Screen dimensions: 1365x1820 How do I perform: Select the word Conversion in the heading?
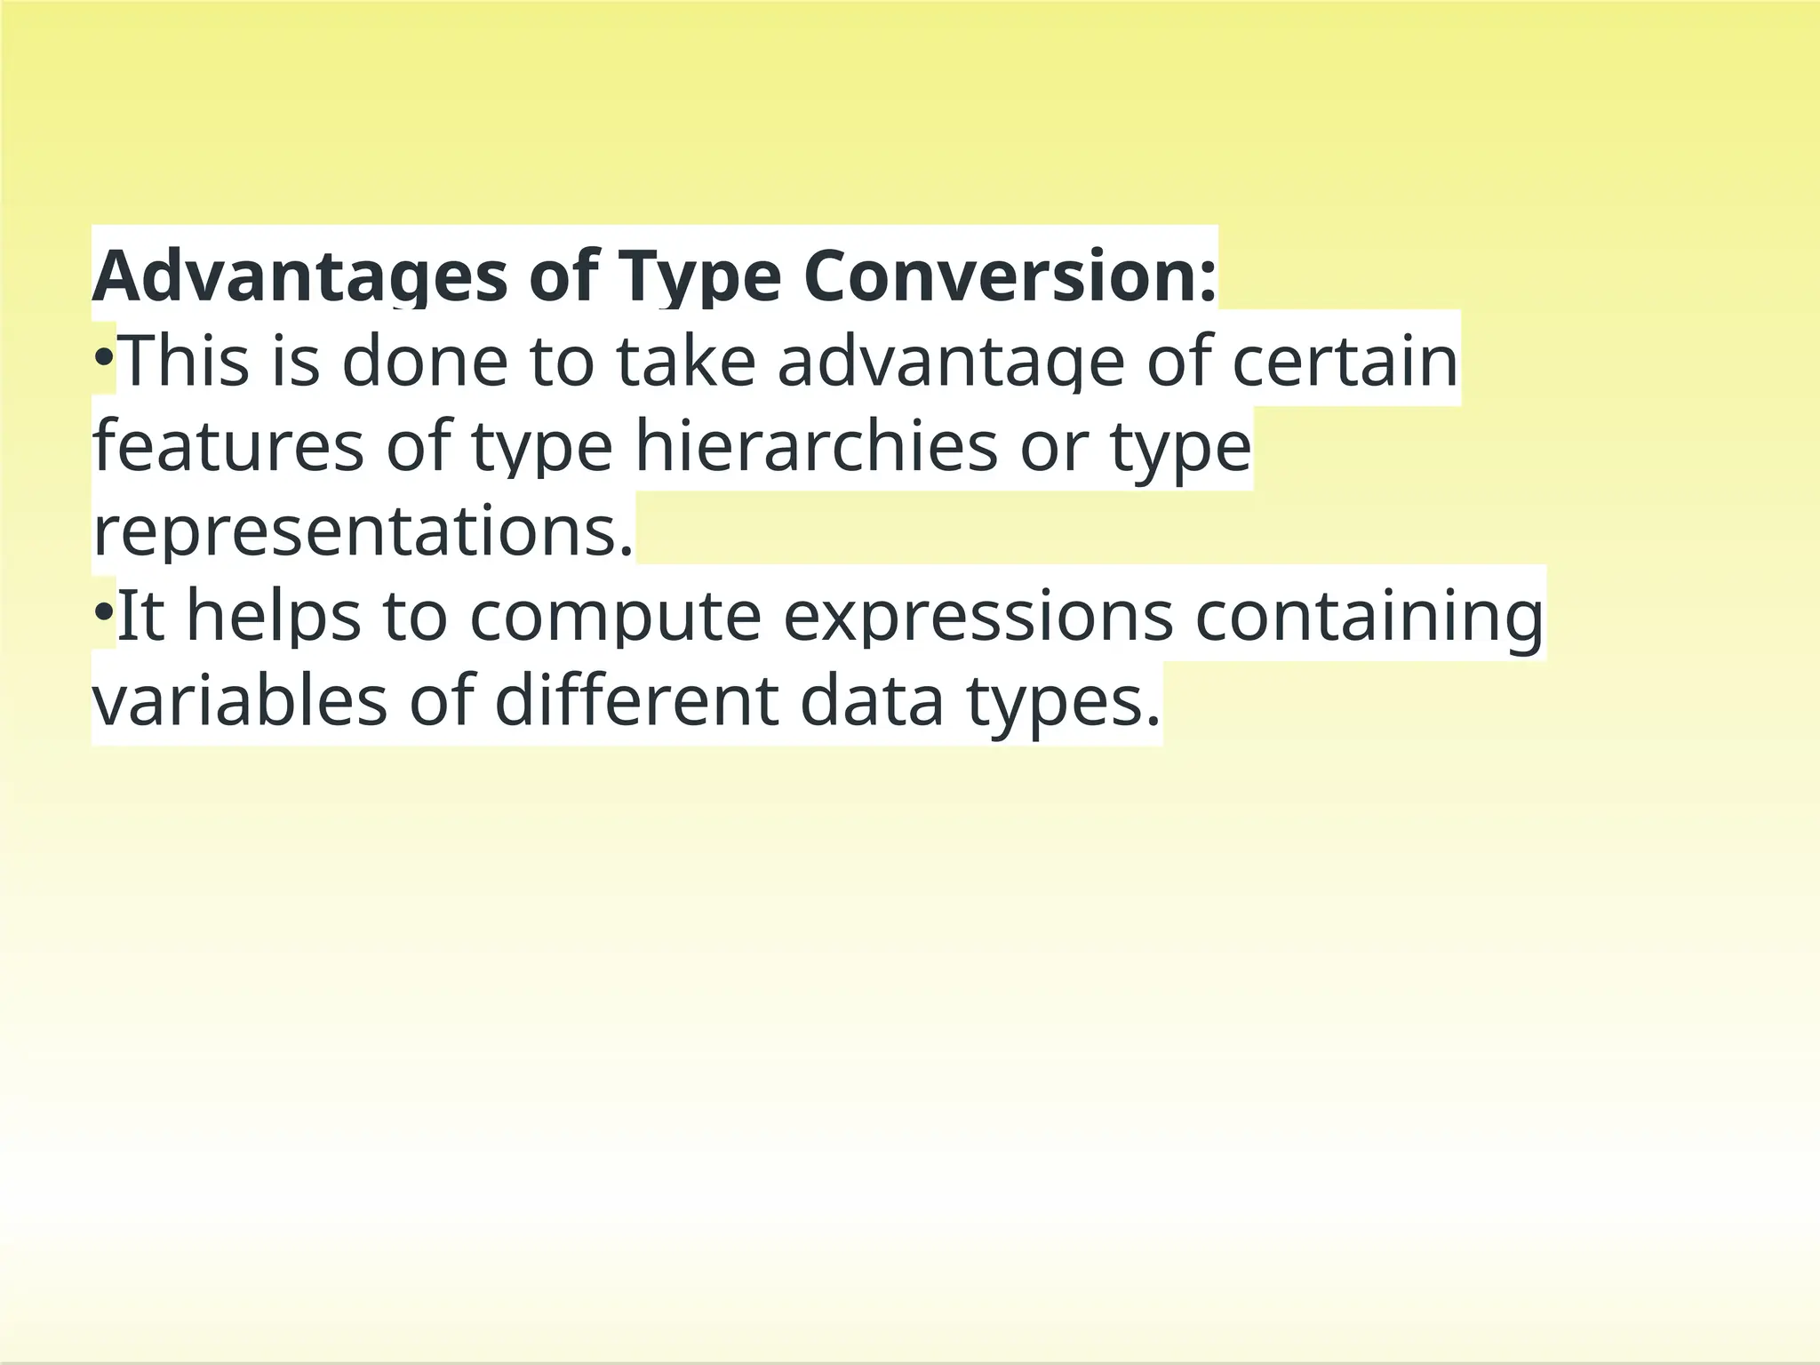coord(1010,277)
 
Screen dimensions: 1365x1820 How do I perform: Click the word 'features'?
coord(228,446)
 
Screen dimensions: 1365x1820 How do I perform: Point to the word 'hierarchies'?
coord(816,446)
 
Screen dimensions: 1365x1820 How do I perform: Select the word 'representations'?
coord(363,531)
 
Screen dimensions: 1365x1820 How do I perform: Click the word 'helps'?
coord(274,616)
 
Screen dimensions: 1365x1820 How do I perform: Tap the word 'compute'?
coord(615,616)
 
